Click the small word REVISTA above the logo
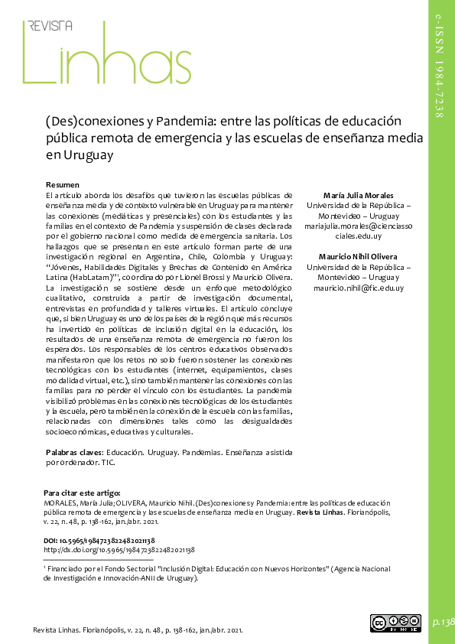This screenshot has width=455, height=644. tap(50, 25)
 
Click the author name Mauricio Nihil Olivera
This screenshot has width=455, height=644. tap(358, 256)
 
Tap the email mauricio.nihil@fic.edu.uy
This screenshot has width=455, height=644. tap(358, 288)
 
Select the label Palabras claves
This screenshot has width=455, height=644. tap(74, 452)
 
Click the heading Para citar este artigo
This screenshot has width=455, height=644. tap(81, 494)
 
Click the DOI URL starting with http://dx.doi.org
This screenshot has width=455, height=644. tap(119, 549)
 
